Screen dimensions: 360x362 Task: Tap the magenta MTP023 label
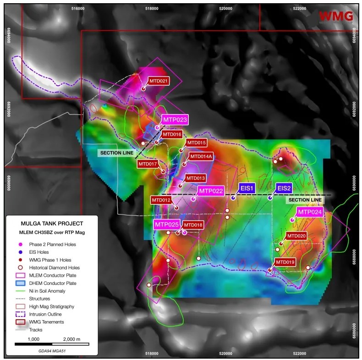pos(175,120)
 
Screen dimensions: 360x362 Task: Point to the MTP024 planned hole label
pos(310,212)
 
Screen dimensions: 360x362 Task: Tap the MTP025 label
pos(166,225)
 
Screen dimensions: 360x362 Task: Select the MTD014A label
pos(201,157)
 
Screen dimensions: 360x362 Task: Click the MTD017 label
pos(148,164)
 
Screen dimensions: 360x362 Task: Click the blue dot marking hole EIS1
pos(233,198)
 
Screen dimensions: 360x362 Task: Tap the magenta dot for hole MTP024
pos(292,220)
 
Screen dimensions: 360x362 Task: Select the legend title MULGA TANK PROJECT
pos(52,224)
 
